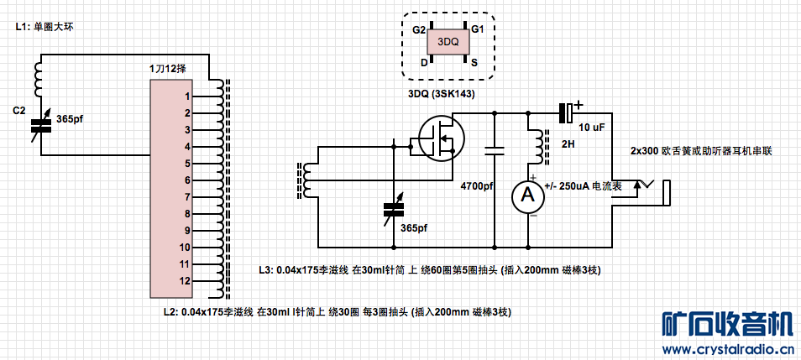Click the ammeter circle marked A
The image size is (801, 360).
click(528, 195)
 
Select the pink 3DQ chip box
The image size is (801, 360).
click(448, 40)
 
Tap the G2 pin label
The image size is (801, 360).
click(419, 30)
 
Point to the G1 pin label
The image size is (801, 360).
click(477, 30)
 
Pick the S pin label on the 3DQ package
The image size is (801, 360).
click(474, 62)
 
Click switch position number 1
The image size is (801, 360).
click(189, 97)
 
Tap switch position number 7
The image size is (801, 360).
click(189, 197)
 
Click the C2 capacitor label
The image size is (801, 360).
click(19, 110)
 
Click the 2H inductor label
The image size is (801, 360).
click(568, 143)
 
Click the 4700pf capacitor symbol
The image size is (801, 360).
click(495, 152)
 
